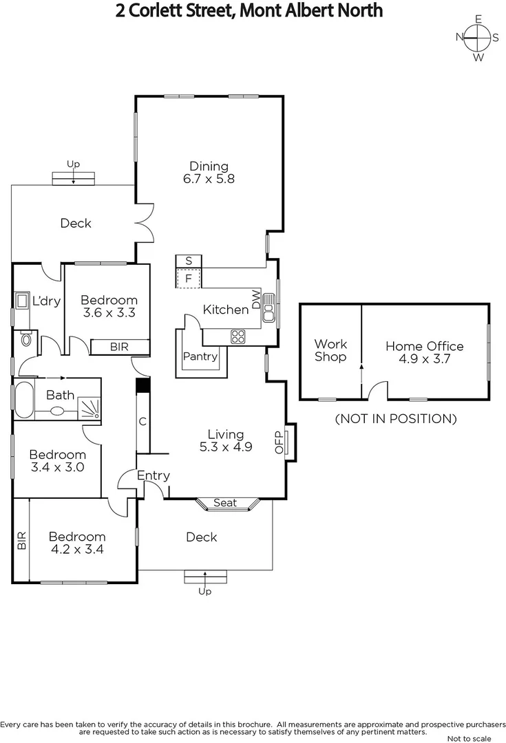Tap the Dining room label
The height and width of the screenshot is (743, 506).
209,166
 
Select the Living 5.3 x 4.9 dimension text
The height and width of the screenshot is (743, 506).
226,446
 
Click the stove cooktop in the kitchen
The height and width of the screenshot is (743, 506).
238,336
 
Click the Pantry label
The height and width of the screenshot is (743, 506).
200,356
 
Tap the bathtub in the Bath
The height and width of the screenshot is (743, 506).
22,399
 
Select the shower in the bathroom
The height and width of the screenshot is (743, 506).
89,409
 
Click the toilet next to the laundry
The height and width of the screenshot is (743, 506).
26,339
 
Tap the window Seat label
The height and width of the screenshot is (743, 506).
225,503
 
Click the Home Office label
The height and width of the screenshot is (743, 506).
424,346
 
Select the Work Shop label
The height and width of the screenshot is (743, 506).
330,350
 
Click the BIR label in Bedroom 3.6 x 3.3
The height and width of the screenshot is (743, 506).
120,347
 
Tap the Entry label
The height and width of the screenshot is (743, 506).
153,475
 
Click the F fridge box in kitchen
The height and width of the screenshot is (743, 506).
188,278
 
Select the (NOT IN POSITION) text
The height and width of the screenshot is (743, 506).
395,418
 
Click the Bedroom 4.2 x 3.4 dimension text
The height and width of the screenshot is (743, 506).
76,549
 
